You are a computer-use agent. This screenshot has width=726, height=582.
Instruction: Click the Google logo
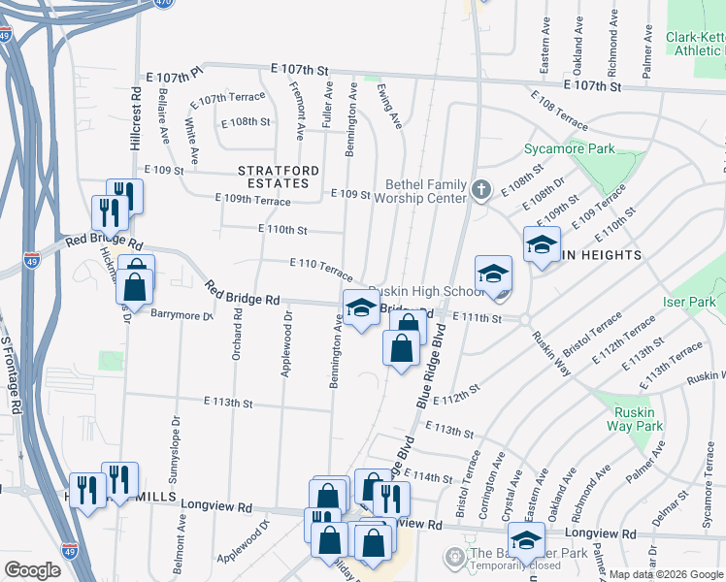tap(32, 570)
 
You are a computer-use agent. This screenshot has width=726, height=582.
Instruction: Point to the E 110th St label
tap(282, 230)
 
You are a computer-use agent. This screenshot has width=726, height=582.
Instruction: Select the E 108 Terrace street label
tap(559, 112)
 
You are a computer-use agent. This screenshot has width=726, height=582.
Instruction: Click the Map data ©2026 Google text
tap(665, 574)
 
